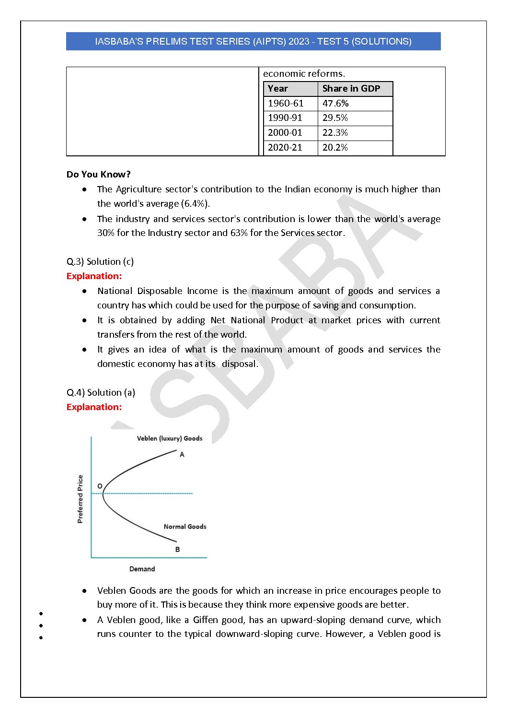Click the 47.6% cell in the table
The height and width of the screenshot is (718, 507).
pos(335,104)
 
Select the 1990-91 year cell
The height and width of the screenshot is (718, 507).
pos(285,118)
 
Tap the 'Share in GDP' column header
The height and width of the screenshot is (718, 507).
pos(351,89)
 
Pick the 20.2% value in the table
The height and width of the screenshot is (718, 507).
pos(335,148)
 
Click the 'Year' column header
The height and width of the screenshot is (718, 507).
pos(278,89)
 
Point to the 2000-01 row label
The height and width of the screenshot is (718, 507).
pos(285,133)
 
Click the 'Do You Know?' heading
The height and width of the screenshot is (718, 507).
pos(98,175)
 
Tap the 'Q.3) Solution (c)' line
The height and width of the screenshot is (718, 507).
pos(100,262)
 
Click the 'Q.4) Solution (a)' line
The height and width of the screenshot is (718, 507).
pos(101,393)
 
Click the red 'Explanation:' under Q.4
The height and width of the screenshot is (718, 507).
pos(94,407)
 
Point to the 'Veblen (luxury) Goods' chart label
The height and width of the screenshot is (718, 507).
pos(170,438)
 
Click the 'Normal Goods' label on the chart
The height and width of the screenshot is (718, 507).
pos(185,527)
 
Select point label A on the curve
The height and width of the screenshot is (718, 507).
pos(182,455)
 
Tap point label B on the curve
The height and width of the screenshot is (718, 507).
pos(177,550)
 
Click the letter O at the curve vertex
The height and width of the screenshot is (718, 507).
pos(100,486)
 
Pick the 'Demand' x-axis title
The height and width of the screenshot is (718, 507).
pos(142,569)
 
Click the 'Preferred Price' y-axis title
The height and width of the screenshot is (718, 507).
pos(80,499)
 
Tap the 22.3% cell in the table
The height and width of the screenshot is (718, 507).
pos(335,133)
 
